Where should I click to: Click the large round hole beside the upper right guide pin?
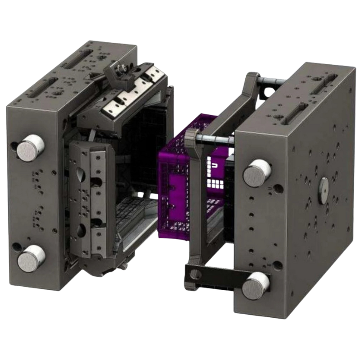(279, 185)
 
